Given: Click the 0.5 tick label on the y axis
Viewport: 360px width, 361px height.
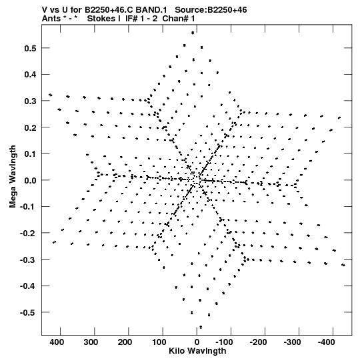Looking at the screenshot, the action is point(30,48).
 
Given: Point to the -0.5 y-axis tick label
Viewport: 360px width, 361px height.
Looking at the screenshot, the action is point(28,313).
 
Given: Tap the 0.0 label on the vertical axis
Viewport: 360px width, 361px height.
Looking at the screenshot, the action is point(30,180).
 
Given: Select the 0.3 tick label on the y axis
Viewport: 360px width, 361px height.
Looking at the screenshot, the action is point(30,101).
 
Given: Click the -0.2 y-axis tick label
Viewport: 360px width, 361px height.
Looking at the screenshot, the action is point(28,234).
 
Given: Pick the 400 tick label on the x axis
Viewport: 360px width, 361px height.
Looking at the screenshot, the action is point(57,342).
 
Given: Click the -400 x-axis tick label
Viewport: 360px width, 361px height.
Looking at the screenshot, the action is point(326,342).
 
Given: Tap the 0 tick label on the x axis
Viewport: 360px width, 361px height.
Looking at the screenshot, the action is point(197,342).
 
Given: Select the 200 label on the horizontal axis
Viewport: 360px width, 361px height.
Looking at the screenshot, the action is point(125,342).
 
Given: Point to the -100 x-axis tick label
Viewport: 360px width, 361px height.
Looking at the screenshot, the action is point(224,342).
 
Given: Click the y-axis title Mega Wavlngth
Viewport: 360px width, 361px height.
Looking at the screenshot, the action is point(13,177).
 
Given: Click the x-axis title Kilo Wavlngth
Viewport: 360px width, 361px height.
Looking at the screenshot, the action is point(197,351).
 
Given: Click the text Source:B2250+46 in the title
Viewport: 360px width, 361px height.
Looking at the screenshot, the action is point(211,10).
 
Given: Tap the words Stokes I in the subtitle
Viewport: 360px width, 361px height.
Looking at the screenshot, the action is point(104,19).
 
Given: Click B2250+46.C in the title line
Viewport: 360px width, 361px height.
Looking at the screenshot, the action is point(109,10).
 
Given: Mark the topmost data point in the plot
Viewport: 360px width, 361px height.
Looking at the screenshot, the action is point(193,33).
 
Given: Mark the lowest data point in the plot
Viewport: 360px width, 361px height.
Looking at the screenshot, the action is point(201,327).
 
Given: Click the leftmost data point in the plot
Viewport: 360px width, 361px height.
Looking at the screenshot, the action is point(51,95).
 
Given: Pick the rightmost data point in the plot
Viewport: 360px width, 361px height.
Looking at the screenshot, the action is point(343,265).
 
